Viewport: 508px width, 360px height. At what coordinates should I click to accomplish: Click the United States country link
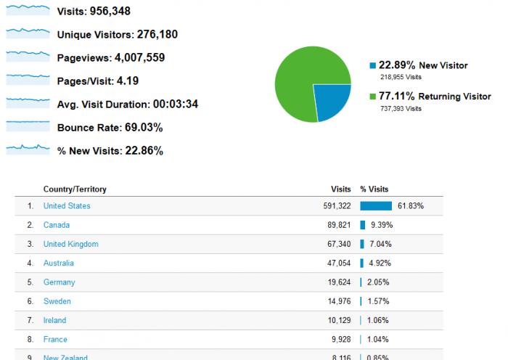67,206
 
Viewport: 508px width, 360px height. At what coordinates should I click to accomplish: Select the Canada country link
57,225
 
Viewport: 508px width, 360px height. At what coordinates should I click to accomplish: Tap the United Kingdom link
70,244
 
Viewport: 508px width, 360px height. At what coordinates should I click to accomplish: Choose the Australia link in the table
58,263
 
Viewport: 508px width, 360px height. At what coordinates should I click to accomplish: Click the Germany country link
59,282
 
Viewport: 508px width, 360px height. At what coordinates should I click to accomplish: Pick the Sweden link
57,301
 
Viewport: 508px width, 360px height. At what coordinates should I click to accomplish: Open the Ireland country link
54,320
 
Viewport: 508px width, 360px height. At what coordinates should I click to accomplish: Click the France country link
55,339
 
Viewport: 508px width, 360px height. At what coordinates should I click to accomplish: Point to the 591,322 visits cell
337,206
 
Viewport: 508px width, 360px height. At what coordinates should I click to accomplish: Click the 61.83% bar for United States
376,206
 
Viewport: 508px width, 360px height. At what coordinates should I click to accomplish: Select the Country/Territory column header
75,189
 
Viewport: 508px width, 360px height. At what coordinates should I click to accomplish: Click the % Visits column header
374,189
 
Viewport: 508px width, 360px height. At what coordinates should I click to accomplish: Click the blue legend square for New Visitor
372,65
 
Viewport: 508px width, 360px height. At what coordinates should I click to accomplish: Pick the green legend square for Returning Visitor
372,96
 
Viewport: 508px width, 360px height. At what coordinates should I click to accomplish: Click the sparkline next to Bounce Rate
28,127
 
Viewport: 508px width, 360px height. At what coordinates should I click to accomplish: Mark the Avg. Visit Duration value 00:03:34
174,104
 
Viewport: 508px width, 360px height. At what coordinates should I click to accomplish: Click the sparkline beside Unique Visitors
28,33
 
